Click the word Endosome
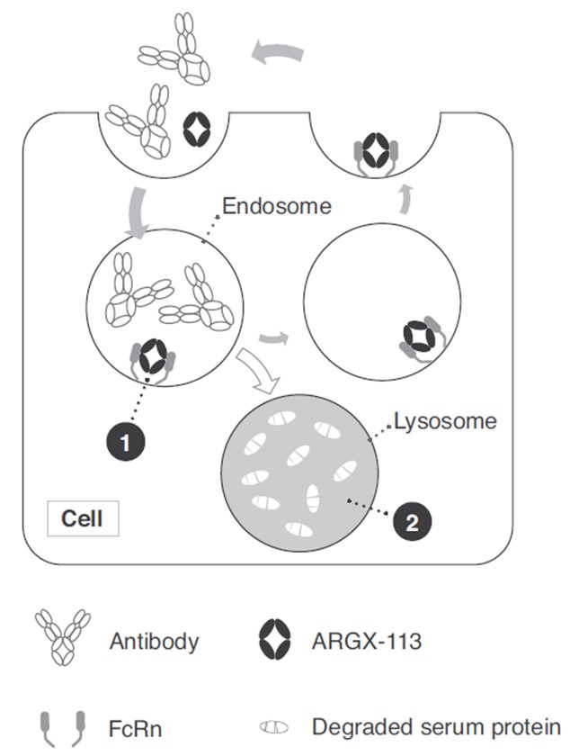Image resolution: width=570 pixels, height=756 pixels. pyautogui.click(x=277, y=206)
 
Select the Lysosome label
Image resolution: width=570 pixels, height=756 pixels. pyautogui.click(x=445, y=420)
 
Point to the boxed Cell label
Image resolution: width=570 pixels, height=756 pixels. pyautogui.click(x=82, y=519)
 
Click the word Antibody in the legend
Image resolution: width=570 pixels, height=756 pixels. pyautogui.click(x=155, y=642)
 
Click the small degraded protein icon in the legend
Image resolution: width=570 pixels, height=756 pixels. pyautogui.click(x=273, y=726)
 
